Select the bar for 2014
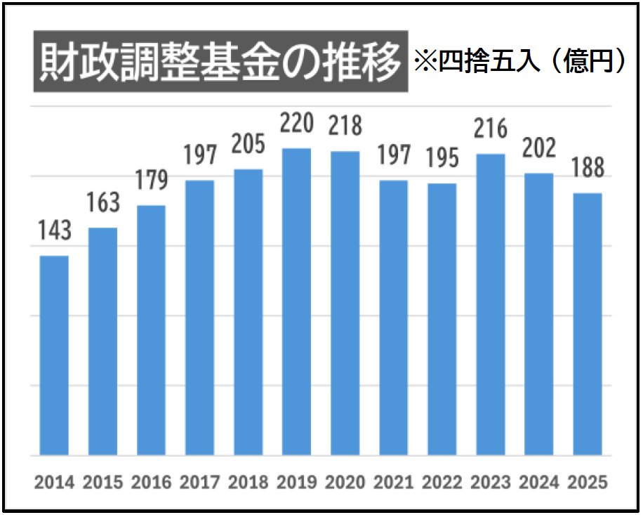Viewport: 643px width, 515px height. [54, 356]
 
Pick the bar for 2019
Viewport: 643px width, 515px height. [296, 302]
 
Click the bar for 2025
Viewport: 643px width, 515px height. [588, 325]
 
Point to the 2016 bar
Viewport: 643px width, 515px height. [151, 330]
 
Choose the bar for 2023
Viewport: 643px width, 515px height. [490, 305]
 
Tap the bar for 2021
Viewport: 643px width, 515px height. [393, 318]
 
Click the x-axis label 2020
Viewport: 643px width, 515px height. [345, 483]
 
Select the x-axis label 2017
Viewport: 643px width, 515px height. [199, 483]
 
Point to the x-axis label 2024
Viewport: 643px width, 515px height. [539, 483]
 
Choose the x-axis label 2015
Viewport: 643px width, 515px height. [102, 483]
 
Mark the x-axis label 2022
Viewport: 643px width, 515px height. [442, 483]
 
